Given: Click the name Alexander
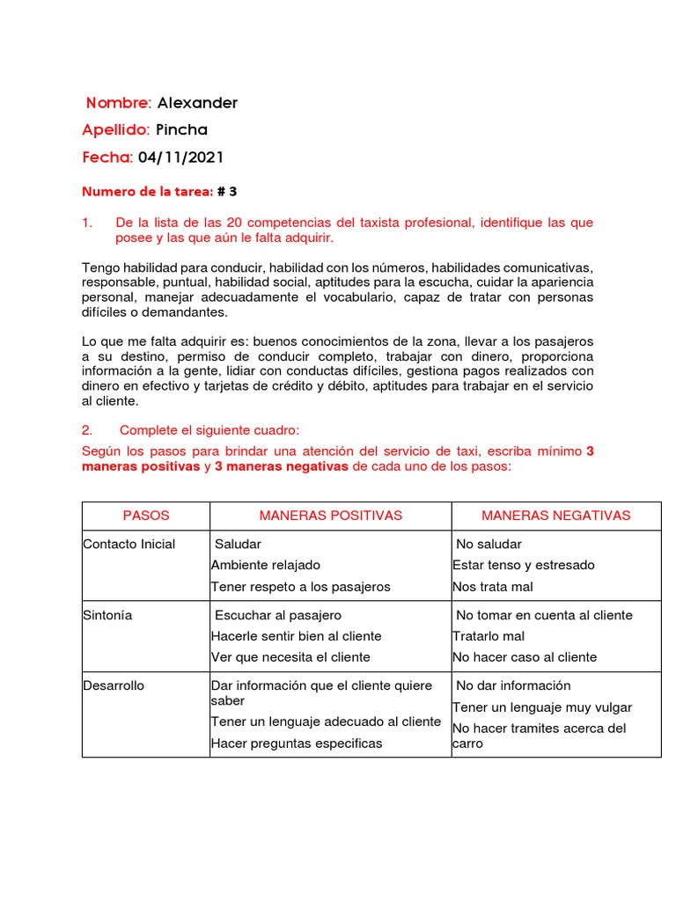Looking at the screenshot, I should coord(197,103).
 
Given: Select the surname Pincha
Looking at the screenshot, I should coord(181,130).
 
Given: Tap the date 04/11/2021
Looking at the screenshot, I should coord(180,157).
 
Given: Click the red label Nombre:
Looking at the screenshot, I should coord(119,103).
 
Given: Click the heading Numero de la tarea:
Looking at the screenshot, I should coord(147,191).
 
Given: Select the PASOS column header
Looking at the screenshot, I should coord(146,516).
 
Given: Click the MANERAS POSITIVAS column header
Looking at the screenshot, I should coord(330,516).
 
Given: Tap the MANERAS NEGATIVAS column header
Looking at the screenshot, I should coord(555,516).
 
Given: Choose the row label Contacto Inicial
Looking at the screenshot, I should coord(129,544).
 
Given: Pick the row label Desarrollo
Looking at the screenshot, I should coord(114,685).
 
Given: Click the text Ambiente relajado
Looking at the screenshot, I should coord(266,565).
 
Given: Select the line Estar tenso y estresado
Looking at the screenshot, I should coord(524,565).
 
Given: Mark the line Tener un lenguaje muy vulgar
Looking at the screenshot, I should coord(542,707).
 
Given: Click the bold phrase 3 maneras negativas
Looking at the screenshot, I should coord(282,466).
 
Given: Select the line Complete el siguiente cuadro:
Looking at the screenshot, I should coord(209,430).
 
